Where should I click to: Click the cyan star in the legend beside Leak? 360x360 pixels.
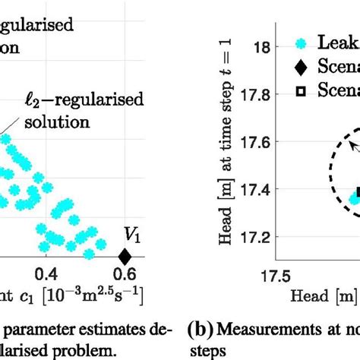coord(301,43)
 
